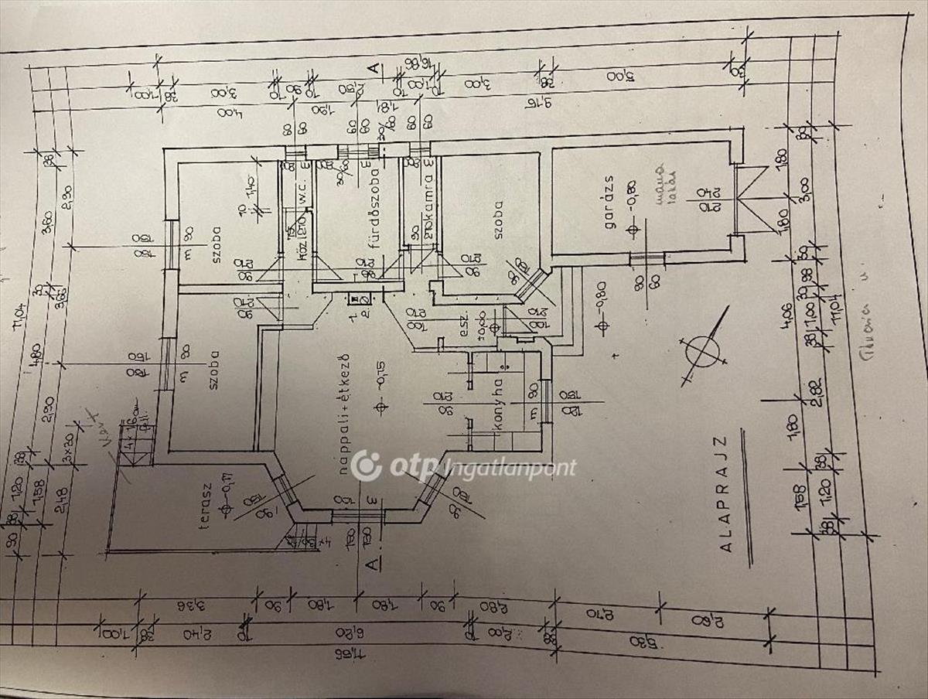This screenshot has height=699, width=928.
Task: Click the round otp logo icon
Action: [366, 465]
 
